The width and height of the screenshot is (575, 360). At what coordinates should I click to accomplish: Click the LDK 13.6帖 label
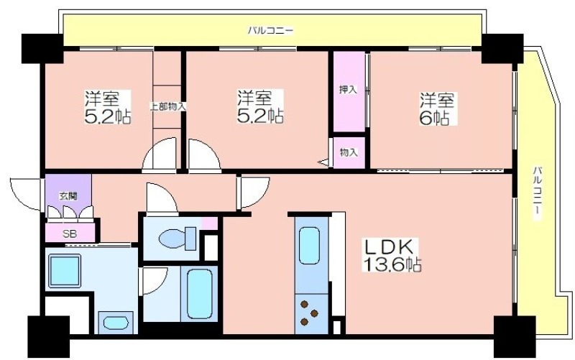(x=392, y=255)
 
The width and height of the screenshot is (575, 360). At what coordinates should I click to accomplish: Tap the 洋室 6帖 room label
(x=436, y=109)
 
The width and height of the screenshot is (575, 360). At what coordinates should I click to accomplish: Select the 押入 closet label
(x=348, y=89)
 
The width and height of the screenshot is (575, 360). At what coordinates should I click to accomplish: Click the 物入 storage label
(x=349, y=152)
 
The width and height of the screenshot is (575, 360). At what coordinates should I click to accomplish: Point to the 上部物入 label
(x=167, y=106)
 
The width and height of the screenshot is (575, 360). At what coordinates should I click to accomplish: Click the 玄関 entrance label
(x=68, y=196)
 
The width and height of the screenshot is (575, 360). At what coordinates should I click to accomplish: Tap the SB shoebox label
(x=69, y=234)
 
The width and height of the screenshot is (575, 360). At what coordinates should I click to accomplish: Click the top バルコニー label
(x=271, y=30)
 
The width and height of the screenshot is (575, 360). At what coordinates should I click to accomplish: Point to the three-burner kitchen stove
(x=310, y=313)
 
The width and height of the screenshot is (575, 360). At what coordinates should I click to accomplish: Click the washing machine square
(x=65, y=272)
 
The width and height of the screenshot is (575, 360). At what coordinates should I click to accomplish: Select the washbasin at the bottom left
(x=116, y=323)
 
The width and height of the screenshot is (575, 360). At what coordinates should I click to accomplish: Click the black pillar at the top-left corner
(x=42, y=49)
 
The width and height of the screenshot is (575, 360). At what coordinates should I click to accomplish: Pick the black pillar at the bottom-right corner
(x=515, y=336)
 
